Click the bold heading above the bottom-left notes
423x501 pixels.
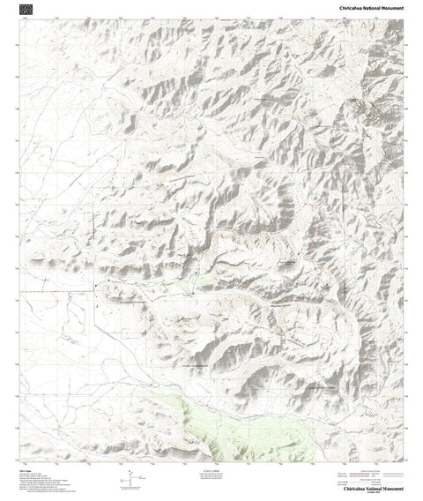click(24, 470)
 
